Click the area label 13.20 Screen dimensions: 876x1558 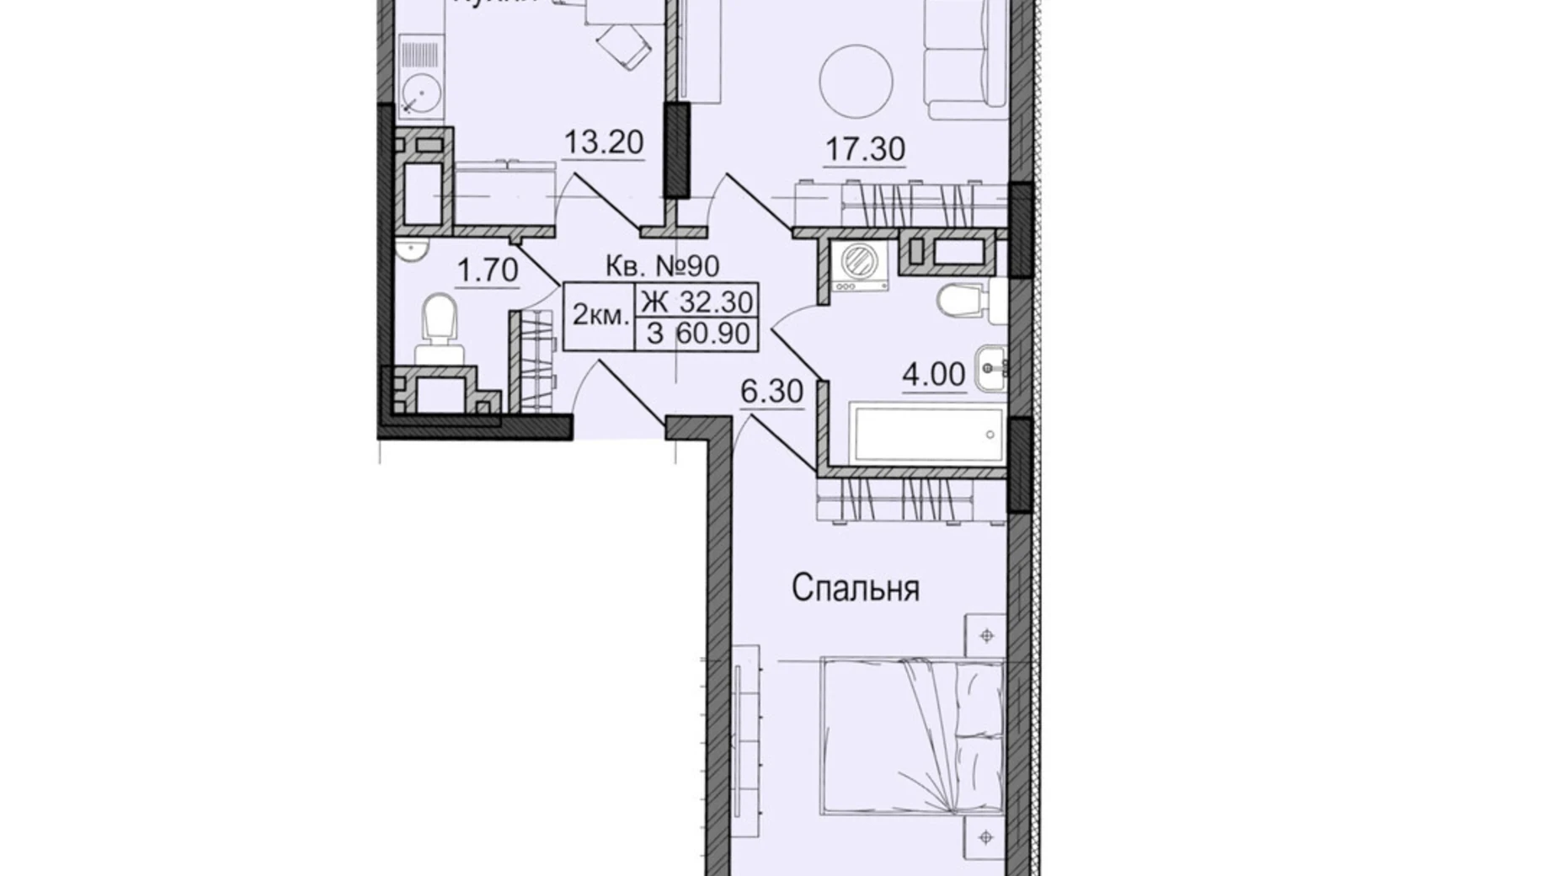(603, 142)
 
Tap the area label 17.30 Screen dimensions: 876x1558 (865, 149)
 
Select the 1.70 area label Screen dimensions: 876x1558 (487, 271)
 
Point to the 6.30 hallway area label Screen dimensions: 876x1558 (771, 392)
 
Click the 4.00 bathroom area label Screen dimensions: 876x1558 (934, 375)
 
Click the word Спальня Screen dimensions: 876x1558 (855, 589)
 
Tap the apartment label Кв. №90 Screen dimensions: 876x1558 (662, 266)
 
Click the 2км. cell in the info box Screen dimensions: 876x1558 (599, 317)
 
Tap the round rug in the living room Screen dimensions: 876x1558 (856, 82)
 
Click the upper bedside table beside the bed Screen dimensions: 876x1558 (986, 636)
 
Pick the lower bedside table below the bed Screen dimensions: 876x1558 (986, 837)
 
